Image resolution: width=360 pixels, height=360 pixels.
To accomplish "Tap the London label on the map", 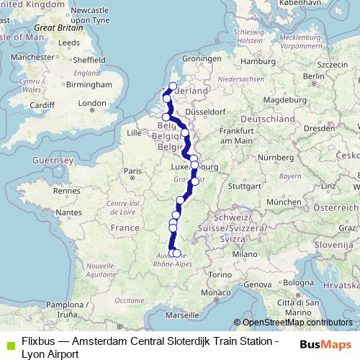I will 92,104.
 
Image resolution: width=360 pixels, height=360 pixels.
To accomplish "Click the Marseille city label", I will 181,315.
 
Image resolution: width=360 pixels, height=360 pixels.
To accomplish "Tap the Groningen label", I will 201,58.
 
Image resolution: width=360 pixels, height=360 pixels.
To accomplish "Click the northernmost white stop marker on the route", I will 173,87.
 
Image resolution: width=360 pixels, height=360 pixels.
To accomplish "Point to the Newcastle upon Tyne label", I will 91,16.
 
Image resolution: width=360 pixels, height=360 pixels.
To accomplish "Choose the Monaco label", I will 212,294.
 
